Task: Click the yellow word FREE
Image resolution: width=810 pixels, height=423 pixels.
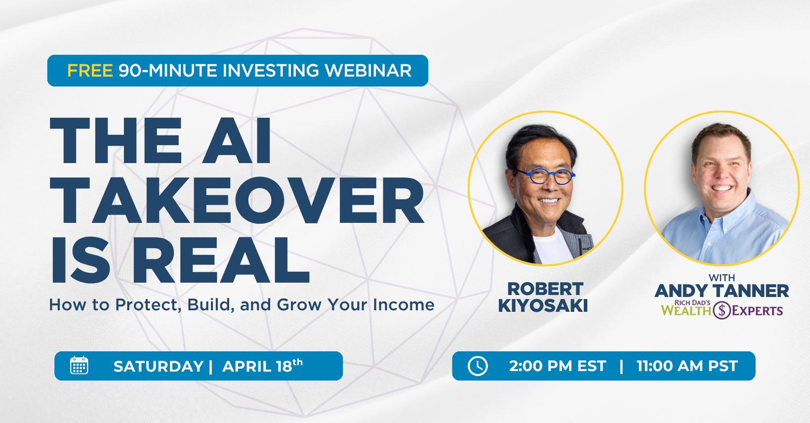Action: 90,71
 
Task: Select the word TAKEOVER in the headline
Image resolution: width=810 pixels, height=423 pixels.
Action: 237,201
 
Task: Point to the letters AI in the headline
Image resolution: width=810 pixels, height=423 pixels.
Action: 237,141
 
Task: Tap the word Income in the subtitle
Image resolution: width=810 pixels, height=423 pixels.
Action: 404,305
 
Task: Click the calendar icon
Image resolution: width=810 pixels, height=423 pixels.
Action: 79,366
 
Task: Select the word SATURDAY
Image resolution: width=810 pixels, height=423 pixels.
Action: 159,367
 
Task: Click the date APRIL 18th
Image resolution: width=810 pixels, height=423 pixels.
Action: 262,366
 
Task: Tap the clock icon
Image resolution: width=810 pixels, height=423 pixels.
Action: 478,366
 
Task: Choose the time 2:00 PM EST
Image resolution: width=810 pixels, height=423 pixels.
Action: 557,366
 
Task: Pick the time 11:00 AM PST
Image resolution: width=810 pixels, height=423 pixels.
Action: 687,366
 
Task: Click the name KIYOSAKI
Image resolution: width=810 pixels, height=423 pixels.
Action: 543,306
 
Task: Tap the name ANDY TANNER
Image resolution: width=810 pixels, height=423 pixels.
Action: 722,291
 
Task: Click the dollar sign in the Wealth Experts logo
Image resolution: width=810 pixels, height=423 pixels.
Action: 722,310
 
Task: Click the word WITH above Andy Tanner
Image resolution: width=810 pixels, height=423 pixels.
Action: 722,278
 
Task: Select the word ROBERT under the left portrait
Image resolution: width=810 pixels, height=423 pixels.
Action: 545,289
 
